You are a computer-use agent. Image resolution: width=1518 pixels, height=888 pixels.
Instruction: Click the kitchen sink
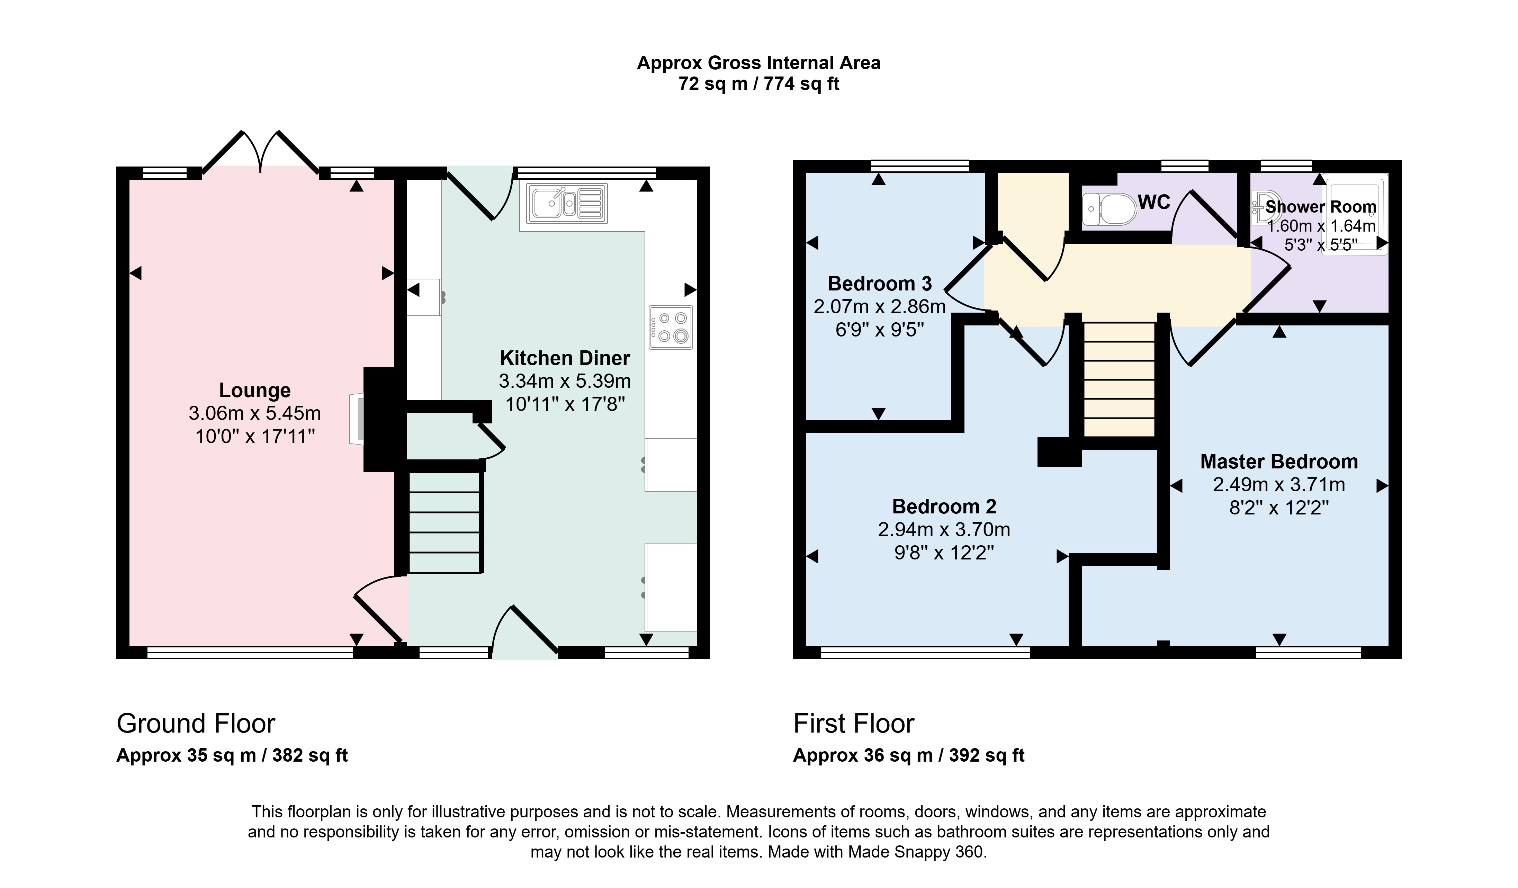[567, 203]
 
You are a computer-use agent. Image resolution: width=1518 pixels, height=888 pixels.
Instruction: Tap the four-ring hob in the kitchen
[671, 328]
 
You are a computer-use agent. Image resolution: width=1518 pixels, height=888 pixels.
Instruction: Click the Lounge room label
[255, 391]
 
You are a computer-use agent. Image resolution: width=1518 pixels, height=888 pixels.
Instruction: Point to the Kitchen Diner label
[565, 358]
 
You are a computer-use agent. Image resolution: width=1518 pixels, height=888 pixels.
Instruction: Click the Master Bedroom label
[1279, 461]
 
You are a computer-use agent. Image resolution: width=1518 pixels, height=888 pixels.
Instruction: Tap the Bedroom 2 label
[944, 506]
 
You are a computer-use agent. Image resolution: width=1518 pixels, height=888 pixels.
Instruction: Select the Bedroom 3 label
[880, 283]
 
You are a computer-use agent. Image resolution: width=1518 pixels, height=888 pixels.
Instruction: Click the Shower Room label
[1320, 207]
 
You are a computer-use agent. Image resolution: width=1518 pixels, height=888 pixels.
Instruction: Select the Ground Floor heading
[196, 724]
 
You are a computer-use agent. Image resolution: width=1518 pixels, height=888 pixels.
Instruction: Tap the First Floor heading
[854, 724]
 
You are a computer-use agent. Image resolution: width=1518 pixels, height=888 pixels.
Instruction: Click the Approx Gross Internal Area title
[758, 63]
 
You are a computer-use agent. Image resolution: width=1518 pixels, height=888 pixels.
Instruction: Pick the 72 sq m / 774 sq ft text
[758, 84]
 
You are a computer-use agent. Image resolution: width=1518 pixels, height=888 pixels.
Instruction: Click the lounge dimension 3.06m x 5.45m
[255, 413]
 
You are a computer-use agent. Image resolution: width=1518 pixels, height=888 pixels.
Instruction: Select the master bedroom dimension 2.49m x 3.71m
[1279, 484]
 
